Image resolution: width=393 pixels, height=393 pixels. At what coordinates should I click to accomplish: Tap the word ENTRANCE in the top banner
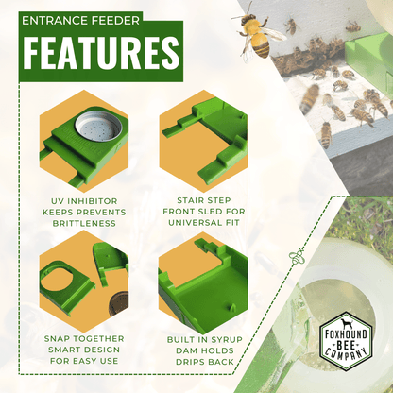pos(50,21)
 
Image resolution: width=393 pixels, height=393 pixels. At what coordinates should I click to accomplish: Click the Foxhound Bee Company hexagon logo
pos(346,341)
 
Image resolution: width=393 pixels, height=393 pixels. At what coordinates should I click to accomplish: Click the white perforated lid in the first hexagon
pos(98,127)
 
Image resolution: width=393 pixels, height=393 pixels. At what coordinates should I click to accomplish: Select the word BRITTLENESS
pos(84,223)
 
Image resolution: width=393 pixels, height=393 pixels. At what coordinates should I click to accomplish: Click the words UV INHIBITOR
pos(84,201)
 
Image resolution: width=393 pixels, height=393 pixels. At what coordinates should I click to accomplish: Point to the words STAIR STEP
pos(204,200)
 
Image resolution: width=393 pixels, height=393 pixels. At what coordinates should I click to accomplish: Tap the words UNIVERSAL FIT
pos(204,223)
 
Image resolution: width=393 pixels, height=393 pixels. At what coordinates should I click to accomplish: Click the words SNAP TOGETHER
pos(84,339)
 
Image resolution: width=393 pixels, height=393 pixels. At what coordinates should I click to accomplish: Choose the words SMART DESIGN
pos(84,350)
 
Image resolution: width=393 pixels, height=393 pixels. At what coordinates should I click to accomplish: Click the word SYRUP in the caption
pos(227,340)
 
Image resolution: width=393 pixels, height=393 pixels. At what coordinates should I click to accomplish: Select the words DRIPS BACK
pos(205,362)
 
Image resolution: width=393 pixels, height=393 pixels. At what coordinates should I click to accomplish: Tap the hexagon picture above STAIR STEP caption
pos(204,141)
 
